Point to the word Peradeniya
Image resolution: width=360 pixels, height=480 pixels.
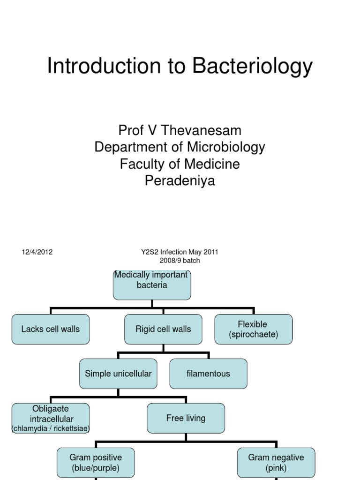tap(180, 181)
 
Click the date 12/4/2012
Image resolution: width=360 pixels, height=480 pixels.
tap(37, 252)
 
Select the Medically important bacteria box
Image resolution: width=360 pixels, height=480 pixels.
tap(152, 285)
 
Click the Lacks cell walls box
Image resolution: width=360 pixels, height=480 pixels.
tap(51, 329)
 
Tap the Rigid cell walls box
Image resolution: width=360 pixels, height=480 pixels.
tap(163, 329)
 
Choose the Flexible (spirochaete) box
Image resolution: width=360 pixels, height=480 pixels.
tap(253, 329)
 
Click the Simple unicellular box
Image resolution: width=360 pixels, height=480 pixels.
tap(118, 374)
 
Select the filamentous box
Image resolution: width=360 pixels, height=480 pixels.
tap(208, 374)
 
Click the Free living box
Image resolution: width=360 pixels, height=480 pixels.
tap(186, 418)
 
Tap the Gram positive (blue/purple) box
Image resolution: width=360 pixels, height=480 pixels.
tap(96, 463)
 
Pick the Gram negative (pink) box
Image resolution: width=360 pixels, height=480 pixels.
tap(276, 463)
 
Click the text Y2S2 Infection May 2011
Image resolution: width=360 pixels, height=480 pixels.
tap(180, 252)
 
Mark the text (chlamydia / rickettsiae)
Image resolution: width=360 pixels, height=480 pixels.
tap(51, 428)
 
